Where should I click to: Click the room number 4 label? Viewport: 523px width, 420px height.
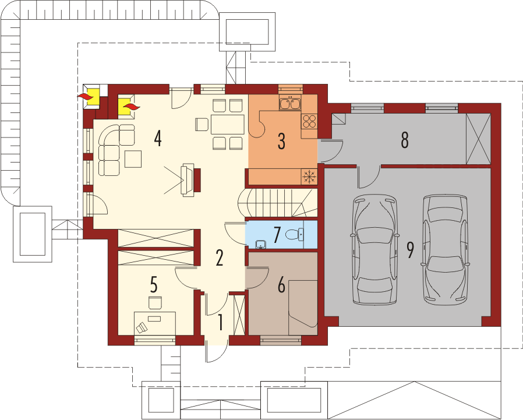[158, 139]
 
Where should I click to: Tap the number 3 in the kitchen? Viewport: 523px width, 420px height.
[281, 141]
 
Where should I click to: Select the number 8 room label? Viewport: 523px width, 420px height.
[405, 140]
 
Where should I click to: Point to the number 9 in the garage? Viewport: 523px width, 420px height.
[410, 250]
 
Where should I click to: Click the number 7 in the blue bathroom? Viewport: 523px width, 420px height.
[277, 235]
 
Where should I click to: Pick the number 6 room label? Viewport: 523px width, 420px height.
[281, 286]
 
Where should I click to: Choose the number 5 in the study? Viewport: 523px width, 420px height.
[154, 285]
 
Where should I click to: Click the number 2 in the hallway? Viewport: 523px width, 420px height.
[219, 258]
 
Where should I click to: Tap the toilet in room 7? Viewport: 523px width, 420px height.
[295, 235]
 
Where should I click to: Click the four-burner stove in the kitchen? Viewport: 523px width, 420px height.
[309, 121]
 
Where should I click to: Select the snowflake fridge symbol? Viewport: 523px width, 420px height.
[309, 176]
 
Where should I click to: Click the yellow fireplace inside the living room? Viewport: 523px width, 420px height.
[126, 107]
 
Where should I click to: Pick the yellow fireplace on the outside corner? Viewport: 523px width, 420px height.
[93, 97]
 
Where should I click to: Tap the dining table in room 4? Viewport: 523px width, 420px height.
[227, 124]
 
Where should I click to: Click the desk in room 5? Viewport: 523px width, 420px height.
[155, 323]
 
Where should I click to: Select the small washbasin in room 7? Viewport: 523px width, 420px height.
[260, 245]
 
